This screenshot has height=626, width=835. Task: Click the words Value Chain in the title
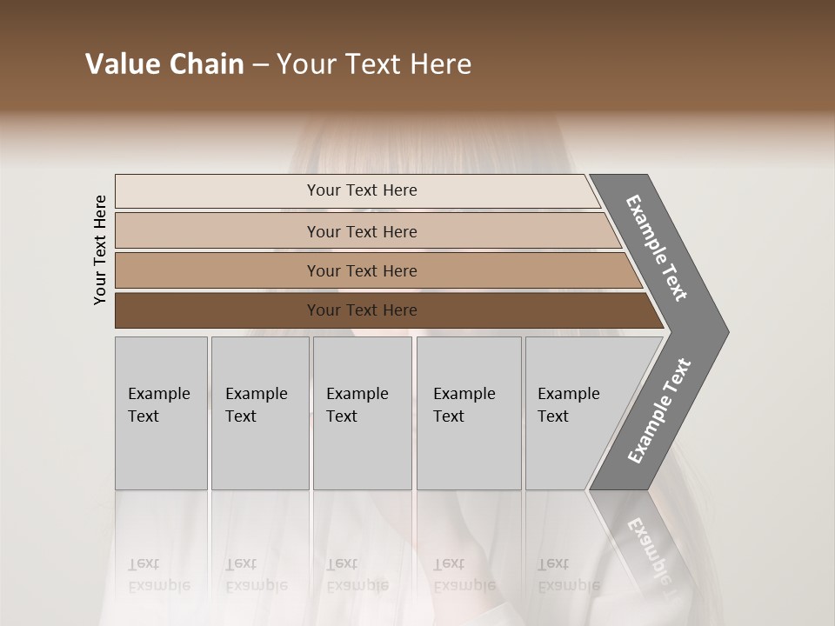point(164,64)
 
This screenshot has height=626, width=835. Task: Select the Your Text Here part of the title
point(374,64)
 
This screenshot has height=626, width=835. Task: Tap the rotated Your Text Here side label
point(100,250)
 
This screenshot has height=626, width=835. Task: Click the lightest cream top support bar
point(217,190)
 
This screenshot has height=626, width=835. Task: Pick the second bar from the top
point(217,231)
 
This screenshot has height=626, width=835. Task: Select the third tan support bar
point(217,270)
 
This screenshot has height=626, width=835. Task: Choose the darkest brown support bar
point(217,310)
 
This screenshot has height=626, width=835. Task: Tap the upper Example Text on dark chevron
point(657,248)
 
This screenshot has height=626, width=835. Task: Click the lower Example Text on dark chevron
point(658,411)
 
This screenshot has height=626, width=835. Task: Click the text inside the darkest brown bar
point(362,310)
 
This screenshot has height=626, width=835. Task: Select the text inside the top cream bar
point(362,190)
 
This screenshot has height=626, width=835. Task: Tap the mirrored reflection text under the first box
point(158,575)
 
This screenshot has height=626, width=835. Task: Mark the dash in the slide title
point(260,65)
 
